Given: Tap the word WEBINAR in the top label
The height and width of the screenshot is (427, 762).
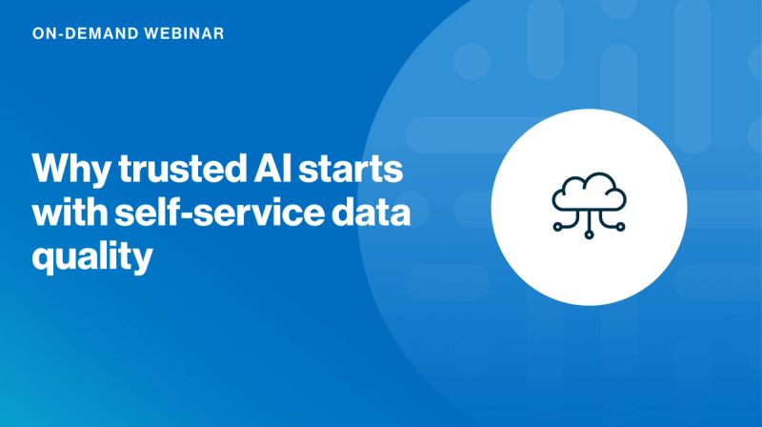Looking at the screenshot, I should point(188,33).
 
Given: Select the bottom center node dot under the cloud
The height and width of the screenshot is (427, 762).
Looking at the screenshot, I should point(589,235).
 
